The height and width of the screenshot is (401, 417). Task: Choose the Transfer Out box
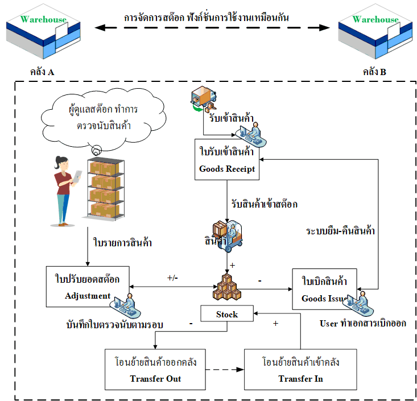155,370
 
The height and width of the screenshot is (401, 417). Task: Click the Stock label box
226,314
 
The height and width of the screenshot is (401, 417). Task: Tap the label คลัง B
374,72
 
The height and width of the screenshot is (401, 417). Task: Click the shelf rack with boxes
105,188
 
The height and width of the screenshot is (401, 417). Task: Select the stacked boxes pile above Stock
227,287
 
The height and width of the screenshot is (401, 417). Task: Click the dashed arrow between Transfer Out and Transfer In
224,370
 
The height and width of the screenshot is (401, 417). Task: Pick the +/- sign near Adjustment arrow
173,278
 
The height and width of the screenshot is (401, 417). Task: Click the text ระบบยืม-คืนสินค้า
341,231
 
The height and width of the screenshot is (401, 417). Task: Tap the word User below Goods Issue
329,324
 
